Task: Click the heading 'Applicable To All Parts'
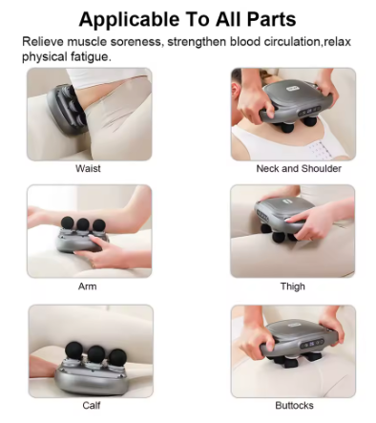pos(188,18)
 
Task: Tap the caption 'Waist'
pos(89,168)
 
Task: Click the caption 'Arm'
pos(87,286)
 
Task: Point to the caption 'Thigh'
pos(293,286)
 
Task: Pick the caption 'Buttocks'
pos(293,404)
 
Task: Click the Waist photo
pos(89,113)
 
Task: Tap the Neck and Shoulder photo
pos(293,113)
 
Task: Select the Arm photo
pos(89,231)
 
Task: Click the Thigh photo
pos(293,231)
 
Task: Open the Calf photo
pos(89,349)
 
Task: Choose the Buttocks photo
pos(293,349)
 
